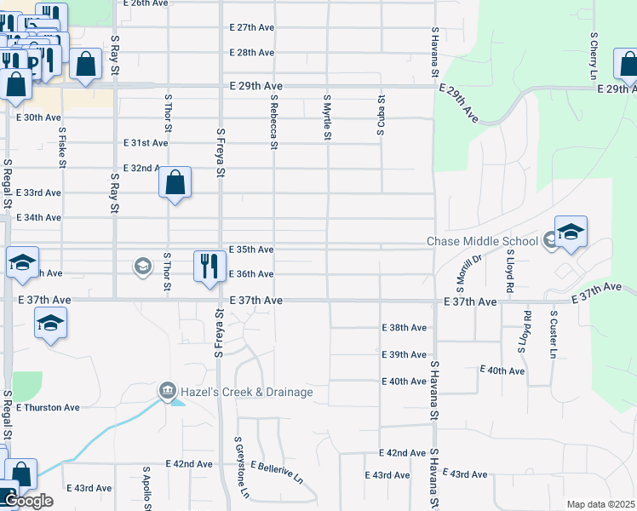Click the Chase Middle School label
click(x=482, y=241)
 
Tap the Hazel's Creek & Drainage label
click(x=246, y=392)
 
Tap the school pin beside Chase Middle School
click(x=571, y=232)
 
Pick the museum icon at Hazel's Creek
click(x=167, y=392)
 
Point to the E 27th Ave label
click(x=251, y=27)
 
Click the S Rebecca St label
click(x=274, y=121)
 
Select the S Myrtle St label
click(x=327, y=117)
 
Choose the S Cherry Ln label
click(x=594, y=55)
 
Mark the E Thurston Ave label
click(x=48, y=407)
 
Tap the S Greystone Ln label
click(x=240, y=468)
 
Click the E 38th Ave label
click(x=404, y=327)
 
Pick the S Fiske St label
click(x=62, y=146)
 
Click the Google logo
click(x=28, y=501)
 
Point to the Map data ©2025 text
click(x=600, y=504)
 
